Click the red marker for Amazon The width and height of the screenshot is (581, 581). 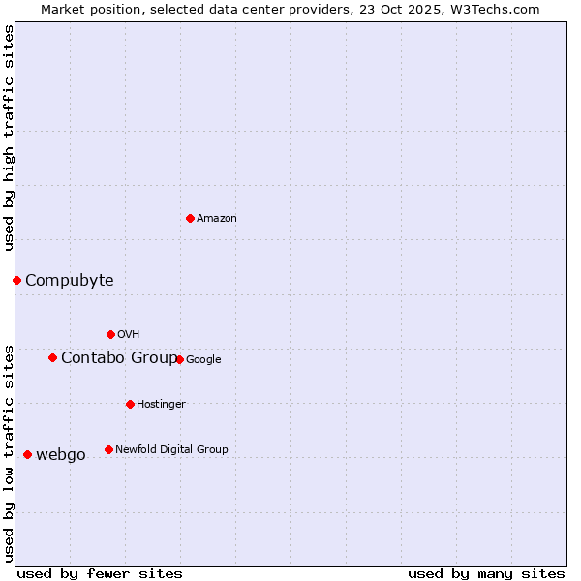click(190, 218)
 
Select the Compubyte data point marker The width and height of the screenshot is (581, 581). click(16, 280)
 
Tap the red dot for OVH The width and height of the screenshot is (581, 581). click(110, 334)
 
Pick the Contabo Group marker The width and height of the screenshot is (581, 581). click(52, 357)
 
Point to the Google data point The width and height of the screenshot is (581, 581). click(179, 359)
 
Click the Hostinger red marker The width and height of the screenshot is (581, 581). click(130, 404)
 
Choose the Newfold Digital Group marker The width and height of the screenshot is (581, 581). click(108, 449)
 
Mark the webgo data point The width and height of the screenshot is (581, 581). click(27, 454)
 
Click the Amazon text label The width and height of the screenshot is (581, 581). click(217, 219)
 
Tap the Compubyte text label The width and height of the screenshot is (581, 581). click(69, 281)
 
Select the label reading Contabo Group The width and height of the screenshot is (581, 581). click(119, 358)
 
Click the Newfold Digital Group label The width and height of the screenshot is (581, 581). click(171, 449)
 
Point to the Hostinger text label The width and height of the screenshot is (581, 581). click(161, 404)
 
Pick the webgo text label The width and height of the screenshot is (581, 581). click(60, 455)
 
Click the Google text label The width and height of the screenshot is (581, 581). click(203, 360)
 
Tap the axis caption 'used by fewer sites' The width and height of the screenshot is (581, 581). click(100, 573)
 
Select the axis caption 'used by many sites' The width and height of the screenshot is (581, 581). click(486, 573)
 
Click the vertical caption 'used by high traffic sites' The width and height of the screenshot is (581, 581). click(9, 138)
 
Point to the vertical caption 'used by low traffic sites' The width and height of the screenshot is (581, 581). click(9, 452)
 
